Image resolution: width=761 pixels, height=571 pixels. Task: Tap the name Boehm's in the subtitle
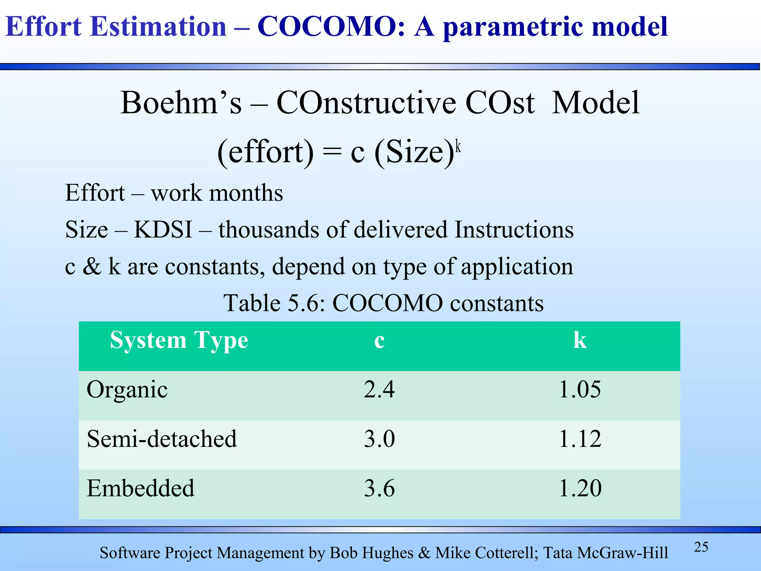[181, 103]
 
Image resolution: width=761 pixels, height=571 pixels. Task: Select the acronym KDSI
[163, 229]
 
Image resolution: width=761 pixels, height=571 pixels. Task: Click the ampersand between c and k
[92, 266]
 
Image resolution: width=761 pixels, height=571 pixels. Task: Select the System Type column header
[179, 340]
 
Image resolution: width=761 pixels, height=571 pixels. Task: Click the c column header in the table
[379, 340]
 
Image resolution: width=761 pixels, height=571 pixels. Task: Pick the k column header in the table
[580, 340]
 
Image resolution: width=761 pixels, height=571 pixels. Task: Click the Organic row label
[127, 390]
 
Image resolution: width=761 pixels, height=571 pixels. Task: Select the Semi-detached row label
[162, 439]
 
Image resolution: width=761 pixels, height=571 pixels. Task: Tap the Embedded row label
[140, 488]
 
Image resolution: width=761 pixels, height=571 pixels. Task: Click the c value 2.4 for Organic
[379, 390]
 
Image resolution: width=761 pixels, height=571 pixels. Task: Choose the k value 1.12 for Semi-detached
[580, 439]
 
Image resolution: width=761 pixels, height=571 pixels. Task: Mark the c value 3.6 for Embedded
[379, 488]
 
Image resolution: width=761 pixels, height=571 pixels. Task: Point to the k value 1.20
[580, 488]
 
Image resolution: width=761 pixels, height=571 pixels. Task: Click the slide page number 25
[701, 547]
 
